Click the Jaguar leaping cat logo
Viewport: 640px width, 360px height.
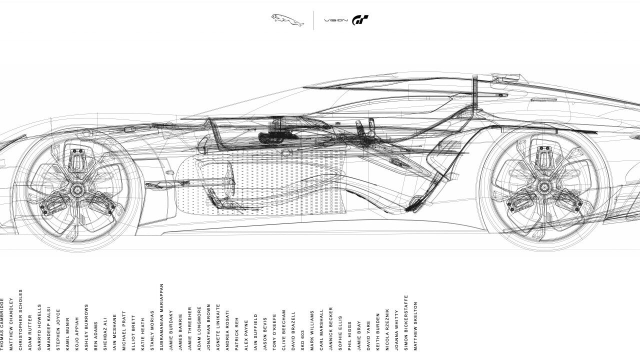[x=287, y=20]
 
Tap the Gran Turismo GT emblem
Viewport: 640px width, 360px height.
[x=360, y=20]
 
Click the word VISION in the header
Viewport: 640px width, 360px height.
[x=335, y=20]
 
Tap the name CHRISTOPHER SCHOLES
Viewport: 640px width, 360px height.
[x=21, y=319]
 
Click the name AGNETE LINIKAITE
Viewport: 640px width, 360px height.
[x=218, y=327]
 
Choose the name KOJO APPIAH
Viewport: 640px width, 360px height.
[x=77, y=333]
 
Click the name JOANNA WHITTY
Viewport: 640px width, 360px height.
[x=397, y=330]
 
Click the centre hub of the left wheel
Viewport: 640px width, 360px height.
[x=77, y=189]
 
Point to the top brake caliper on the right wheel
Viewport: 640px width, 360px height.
[x=543, y=158]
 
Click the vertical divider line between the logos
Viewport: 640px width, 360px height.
[x=314, y=20]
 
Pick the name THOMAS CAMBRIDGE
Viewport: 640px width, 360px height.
[x=2, y=324]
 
